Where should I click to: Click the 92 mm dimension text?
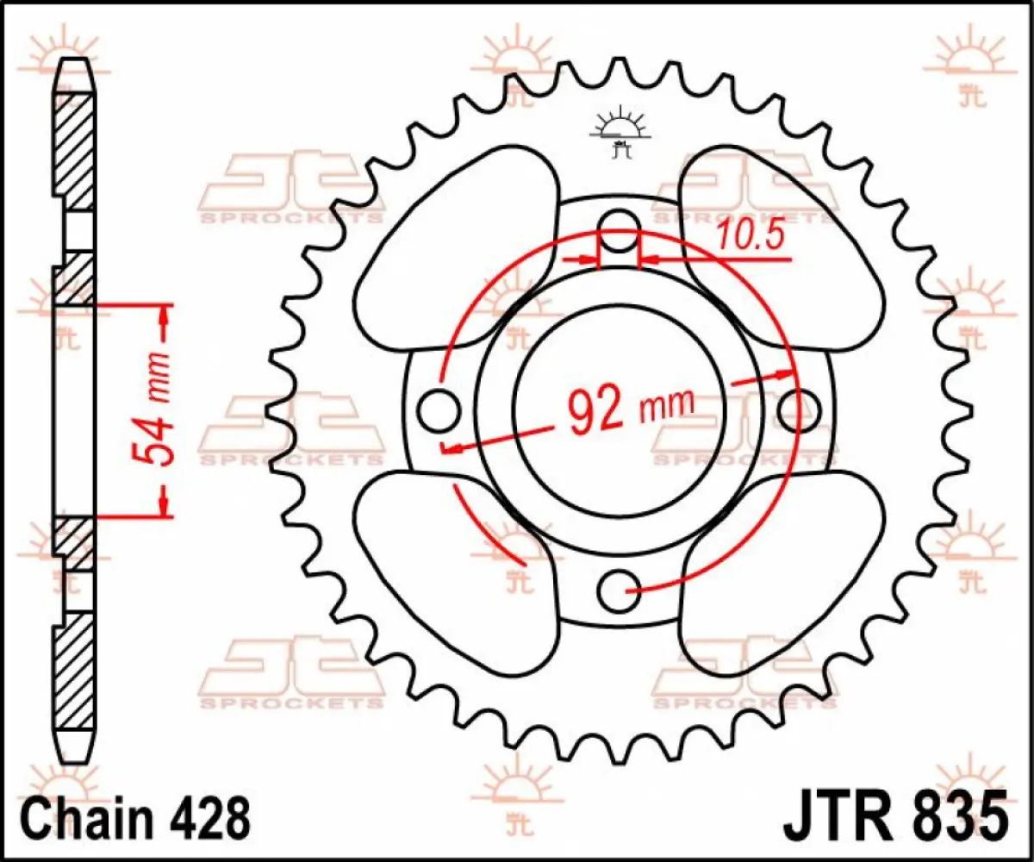[631, 408]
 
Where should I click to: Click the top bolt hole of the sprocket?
[618, 227]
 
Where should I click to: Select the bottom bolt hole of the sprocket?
[618, 590]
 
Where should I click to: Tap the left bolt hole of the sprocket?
[438, 408]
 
